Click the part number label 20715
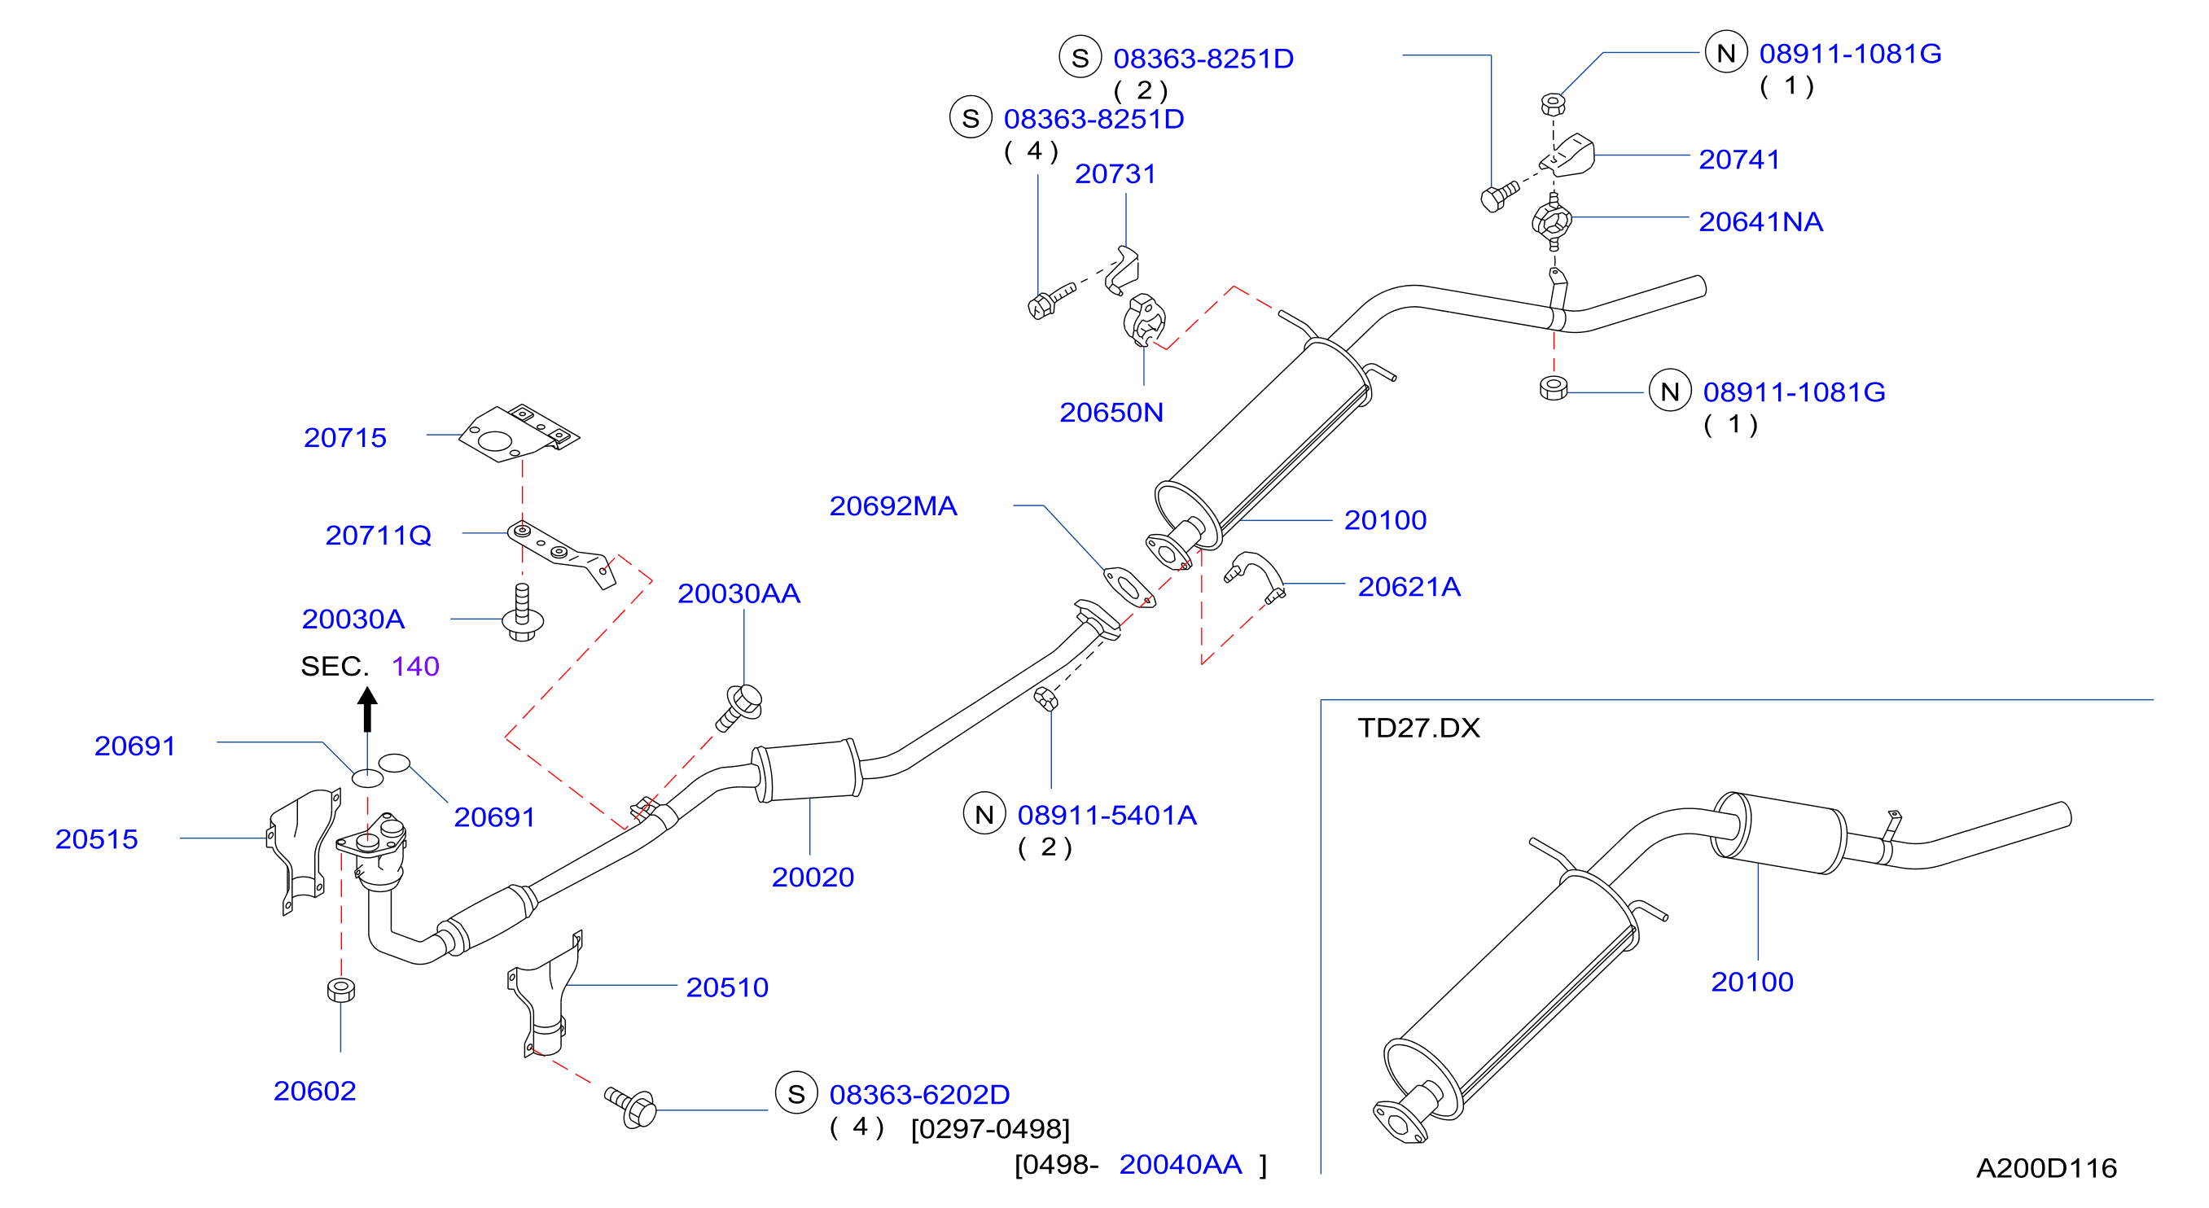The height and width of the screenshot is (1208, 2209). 344,438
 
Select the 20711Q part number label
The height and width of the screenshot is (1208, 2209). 378,536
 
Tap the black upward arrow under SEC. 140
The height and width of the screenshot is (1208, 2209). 367,709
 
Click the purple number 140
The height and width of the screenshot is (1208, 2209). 415,666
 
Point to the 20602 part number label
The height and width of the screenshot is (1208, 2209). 315,1091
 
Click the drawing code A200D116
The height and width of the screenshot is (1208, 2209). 2046,1167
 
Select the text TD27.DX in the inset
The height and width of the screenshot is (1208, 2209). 1418,728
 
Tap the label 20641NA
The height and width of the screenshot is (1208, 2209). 1760,222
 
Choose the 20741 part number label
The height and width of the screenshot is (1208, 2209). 1739,160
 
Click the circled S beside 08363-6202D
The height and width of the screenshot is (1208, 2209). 796,1093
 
